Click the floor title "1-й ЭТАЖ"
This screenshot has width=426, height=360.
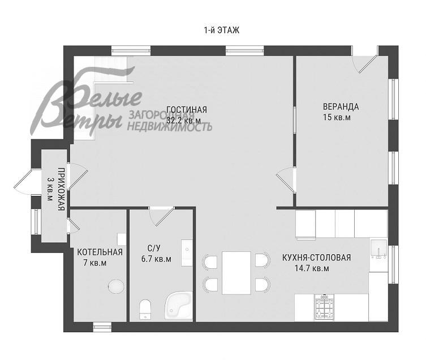pos(221,30)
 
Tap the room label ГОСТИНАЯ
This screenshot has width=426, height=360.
pos(187,110)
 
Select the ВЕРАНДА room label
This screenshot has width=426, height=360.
pos(341,106)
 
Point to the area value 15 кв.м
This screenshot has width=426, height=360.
pos(337,118)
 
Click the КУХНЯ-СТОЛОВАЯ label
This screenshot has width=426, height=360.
pos(316,258)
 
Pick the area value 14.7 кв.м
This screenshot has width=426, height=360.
pos(312,269)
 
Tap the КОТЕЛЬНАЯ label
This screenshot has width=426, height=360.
pos(100,252)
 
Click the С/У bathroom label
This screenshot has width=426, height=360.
pos(154,248)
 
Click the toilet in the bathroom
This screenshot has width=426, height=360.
pos(145,310)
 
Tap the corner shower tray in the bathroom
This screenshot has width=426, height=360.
pos(179,305)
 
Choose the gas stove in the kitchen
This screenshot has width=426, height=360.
pos(324,307)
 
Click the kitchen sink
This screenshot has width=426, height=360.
pos(378,249)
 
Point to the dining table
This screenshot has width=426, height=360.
pos(236,273)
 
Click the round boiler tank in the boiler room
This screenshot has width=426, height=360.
pos(117,286)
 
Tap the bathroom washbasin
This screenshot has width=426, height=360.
pos(187,253)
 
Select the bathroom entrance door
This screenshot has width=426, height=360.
pos(161,216)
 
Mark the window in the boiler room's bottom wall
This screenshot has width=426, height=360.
pos(102,327)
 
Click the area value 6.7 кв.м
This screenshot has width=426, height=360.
pos(156,259)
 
